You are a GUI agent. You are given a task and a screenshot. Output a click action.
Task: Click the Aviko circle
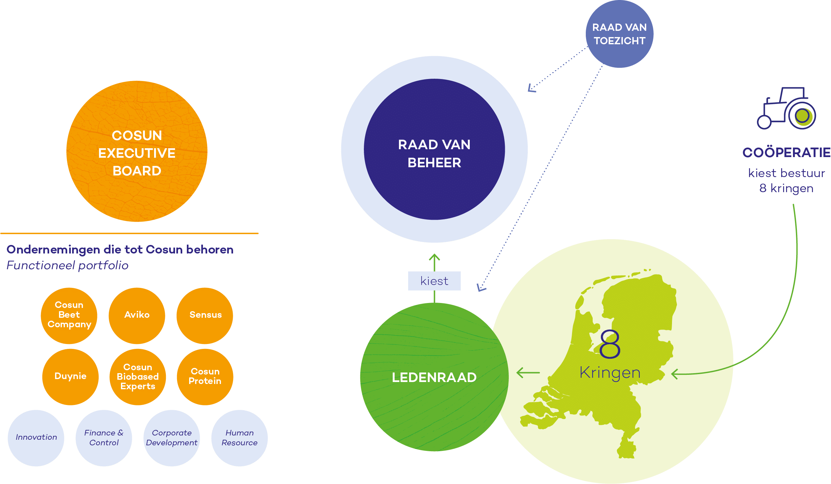tap(136, 315)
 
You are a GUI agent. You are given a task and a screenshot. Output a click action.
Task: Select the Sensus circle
tap(205, 315)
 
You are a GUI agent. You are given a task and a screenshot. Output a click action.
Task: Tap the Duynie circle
tap(70, 376)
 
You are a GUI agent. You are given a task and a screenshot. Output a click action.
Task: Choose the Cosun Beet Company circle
tap(69, 315)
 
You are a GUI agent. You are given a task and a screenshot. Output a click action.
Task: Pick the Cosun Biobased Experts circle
tap(137, 376)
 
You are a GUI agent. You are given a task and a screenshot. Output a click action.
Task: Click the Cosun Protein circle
tap(205, 376)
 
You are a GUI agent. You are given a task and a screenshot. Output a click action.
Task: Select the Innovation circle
tap(36, 438)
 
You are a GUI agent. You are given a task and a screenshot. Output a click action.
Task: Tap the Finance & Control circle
tap(104, 438)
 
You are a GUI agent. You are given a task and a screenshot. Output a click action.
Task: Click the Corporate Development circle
tap(171, 438)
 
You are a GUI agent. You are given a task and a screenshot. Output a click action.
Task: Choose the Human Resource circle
tap(239, 438)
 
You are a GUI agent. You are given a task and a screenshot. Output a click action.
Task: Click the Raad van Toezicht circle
tap(619, 34)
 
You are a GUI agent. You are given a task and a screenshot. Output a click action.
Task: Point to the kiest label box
tap(434, 281)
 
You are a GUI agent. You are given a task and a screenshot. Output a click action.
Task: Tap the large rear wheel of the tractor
tap(802, 115)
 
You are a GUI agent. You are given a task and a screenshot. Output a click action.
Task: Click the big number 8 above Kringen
tap(610, 344)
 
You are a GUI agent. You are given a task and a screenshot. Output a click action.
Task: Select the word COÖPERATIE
tap(786, 152)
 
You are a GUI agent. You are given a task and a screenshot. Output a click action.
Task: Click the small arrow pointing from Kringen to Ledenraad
tap(528, 373)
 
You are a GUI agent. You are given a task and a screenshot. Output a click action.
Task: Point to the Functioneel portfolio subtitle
tap(67, 265)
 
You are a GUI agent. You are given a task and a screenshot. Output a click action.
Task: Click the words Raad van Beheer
tap(434, 153)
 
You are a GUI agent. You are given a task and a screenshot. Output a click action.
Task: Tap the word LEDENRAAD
tap(434, 377)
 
